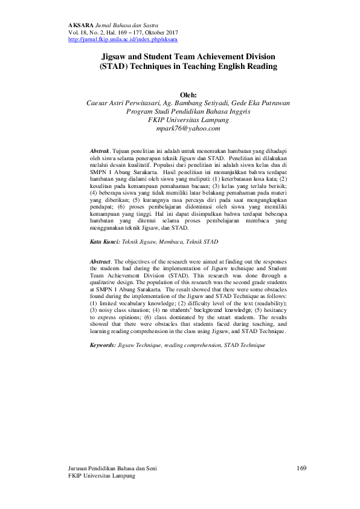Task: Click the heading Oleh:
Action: tap(189, 95)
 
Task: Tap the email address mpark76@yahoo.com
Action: tap(188, 129)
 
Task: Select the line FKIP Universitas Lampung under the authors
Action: tap(188, 120)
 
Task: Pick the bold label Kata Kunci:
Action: tap(103, 241)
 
